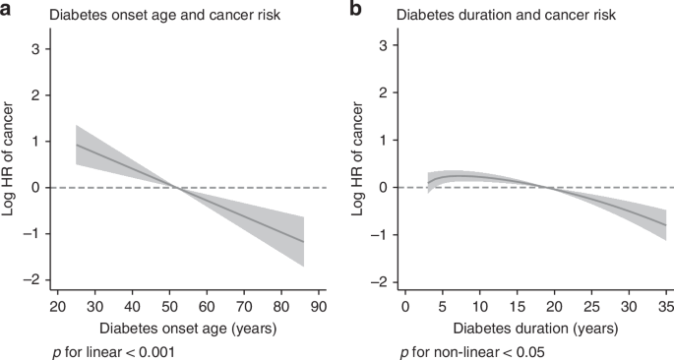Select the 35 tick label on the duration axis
click(x=665, y=308)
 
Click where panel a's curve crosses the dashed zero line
click(x=174, y=187)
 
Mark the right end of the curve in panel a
click(x=303, y=242)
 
